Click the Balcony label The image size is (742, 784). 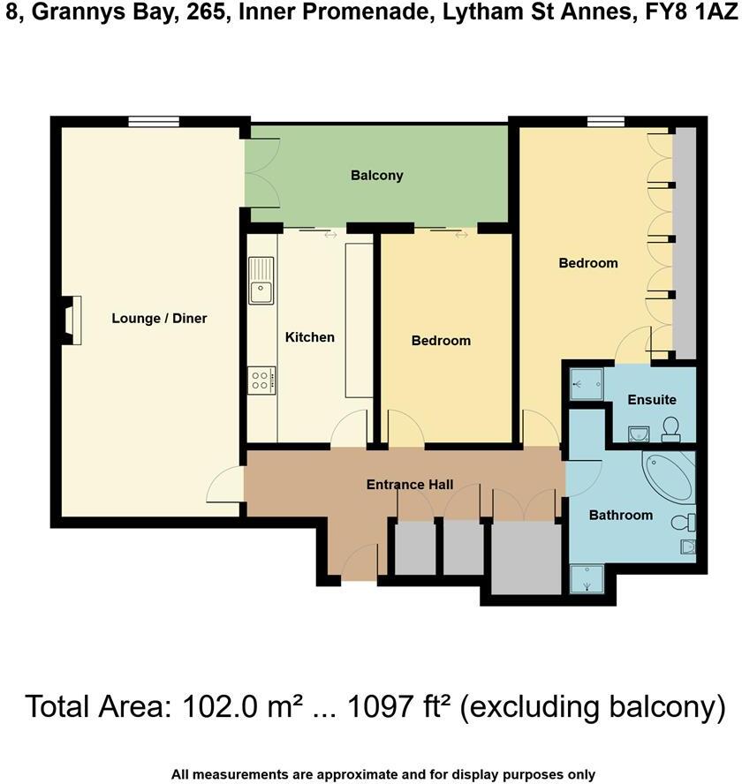376,175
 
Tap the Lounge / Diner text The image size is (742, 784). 159,318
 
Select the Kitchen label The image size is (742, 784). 309,336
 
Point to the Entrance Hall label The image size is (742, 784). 410,485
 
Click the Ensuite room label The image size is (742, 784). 652,399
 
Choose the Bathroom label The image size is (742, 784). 620,515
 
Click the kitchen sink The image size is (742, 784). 262,280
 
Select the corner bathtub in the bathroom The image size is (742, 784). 668,479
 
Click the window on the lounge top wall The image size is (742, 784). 154,122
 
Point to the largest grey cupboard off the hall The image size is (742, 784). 526,558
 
